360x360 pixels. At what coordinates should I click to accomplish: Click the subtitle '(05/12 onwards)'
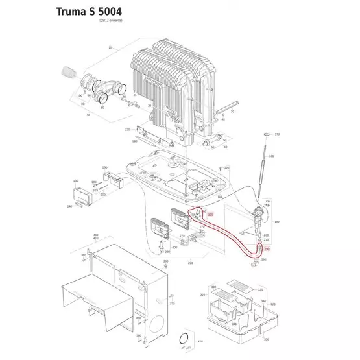[110, 21]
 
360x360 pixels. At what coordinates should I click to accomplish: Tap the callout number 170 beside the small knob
[277, 134]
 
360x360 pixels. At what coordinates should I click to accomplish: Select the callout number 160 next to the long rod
[271, 156]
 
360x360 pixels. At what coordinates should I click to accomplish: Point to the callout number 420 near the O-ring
[200, 341]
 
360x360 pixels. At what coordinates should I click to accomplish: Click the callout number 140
[70, 206]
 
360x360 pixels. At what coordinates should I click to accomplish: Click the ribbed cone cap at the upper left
[67, 71]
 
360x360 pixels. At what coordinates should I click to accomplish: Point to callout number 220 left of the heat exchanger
[128, 130]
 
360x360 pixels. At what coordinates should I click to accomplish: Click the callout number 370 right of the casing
[173, 304]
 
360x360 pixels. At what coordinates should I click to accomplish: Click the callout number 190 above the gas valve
[268, 202]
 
